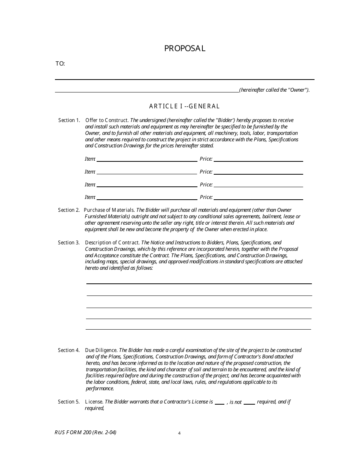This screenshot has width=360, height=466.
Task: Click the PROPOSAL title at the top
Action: click(x=185, y=48)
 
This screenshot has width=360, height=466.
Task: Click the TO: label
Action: click(x=60, y=64)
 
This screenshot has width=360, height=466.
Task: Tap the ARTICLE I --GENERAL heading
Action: click(x=185, y=106)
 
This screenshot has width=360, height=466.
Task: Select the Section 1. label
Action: click(x=69, y=120)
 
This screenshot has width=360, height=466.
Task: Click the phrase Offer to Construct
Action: click(x=107, y=120)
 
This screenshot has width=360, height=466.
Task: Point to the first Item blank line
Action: click(x=147, y=161)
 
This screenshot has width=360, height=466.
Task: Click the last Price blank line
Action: click(x=258, y=199)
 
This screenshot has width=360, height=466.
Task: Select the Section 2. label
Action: click(x=69, y=210)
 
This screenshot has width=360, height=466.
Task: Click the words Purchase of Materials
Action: click(x=109, y=210)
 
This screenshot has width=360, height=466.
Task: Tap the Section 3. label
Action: click(x=69, y=242)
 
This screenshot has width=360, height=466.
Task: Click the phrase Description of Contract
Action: click(x=113, y=242)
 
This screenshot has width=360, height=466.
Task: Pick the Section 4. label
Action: click(x=69, y=350)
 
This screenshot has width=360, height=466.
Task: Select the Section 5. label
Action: click(x=69, y=402)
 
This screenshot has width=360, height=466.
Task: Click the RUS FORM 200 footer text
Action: click(x=85, y=432)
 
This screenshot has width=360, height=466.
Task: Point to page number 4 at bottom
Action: click(x=179, y=433)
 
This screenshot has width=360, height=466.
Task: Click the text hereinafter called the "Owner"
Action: click(x=274, y=90)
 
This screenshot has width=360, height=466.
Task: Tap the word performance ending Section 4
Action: click(x=100, y=388)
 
